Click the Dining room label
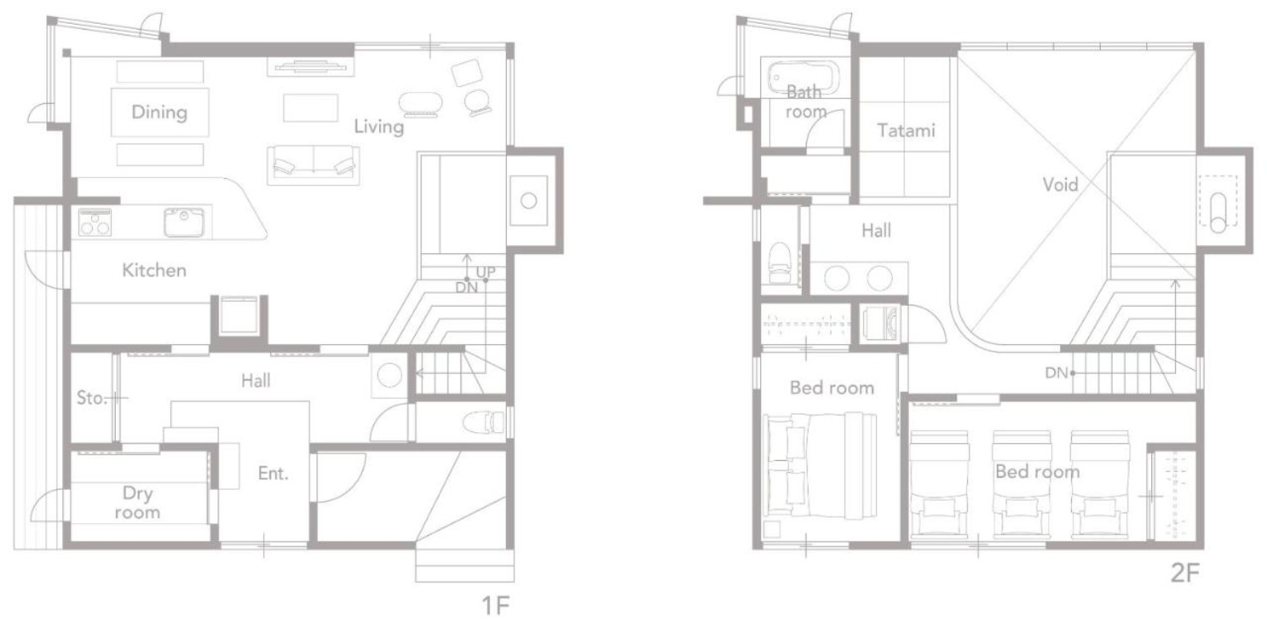coord(159,112)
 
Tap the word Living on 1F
coord(379,126)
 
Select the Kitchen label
coord(154,270)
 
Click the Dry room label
coord(137,502)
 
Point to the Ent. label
coord(273,473)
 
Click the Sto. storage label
coord(91,398)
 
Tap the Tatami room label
coord(906,130)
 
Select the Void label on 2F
coord(1061,185)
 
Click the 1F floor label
coord(496,605)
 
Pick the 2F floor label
coord(1185,573)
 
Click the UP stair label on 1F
coord(486,272)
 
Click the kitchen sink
coord(184,222)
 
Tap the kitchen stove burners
coord(94,222)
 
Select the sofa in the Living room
coord(313,165)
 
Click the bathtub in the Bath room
coord(803,79)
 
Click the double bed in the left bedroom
coord(820,466)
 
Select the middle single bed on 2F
coord(1022,483)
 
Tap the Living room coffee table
coord(310,108)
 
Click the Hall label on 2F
coord(876,231)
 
